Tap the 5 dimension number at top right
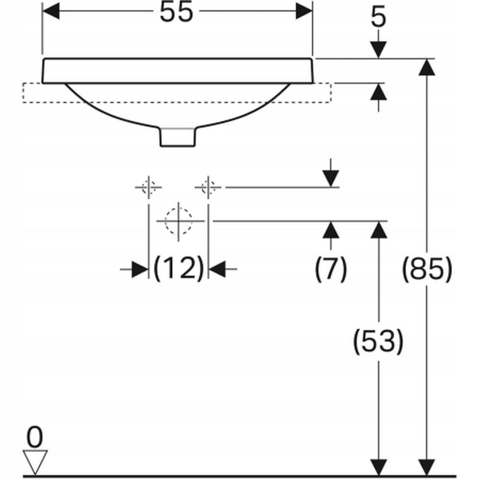click(x=378, y=18)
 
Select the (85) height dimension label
click(x=426, y=269)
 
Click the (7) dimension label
click(x=331, y=269)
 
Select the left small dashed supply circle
click(x=148, y=187)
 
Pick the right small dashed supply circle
click(x=208, y=187)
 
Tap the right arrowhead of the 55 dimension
click(x=304, y=11)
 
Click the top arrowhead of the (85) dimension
click(x=426, y=67)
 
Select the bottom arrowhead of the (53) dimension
click(x=379, y=468)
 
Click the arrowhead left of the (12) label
click(x=140, y=269)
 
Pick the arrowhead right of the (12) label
click(x=217, y=269)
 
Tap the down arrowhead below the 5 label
click(x=378, y=50)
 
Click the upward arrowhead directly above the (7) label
click(x=331, y=229)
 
